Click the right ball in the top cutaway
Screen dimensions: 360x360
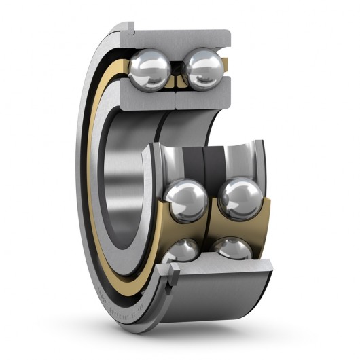(202, 70)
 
